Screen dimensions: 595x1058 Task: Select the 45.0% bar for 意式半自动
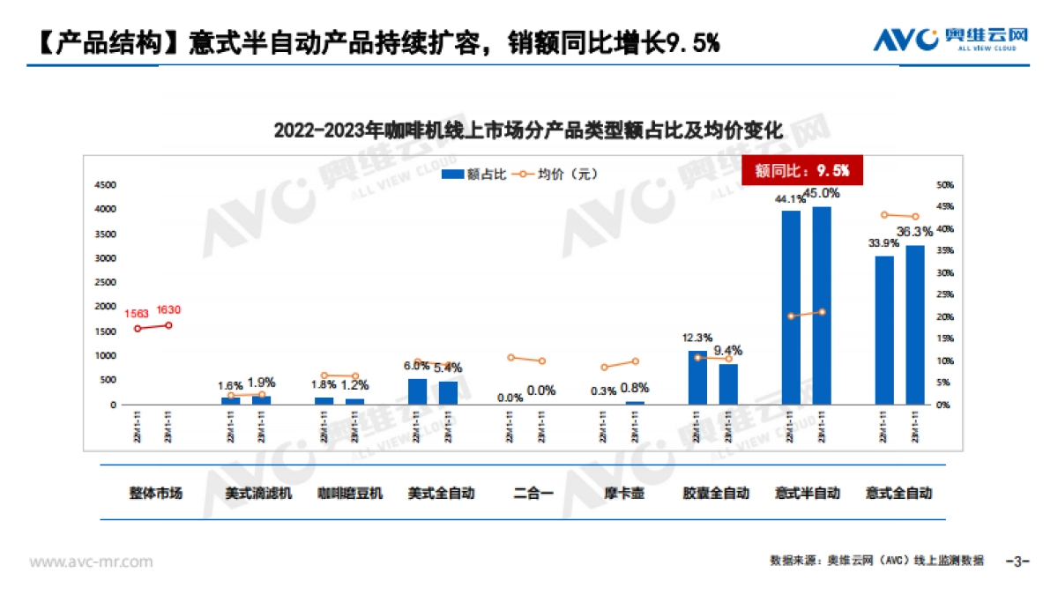click(822, 306)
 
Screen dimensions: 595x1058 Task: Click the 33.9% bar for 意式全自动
click(884, 331)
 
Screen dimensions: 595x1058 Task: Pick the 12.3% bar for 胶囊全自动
click(697, 378)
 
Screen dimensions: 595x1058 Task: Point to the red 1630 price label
click(168, 309)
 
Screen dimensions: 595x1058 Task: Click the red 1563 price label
click(137, 313)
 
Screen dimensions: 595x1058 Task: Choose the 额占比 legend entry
click(474, 175)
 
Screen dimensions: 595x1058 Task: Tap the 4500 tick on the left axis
click(106, 185)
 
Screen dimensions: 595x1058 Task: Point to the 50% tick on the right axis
click(945, 185)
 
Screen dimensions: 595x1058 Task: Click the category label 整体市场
click(156, 494)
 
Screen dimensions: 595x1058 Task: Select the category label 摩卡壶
click(624, 494)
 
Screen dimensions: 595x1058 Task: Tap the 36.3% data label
click(914, 232)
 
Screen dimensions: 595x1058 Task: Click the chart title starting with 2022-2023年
click(528, 130)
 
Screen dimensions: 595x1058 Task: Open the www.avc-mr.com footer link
click(91, 562)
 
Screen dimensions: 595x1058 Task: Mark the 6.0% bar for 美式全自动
click(417, 392)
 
